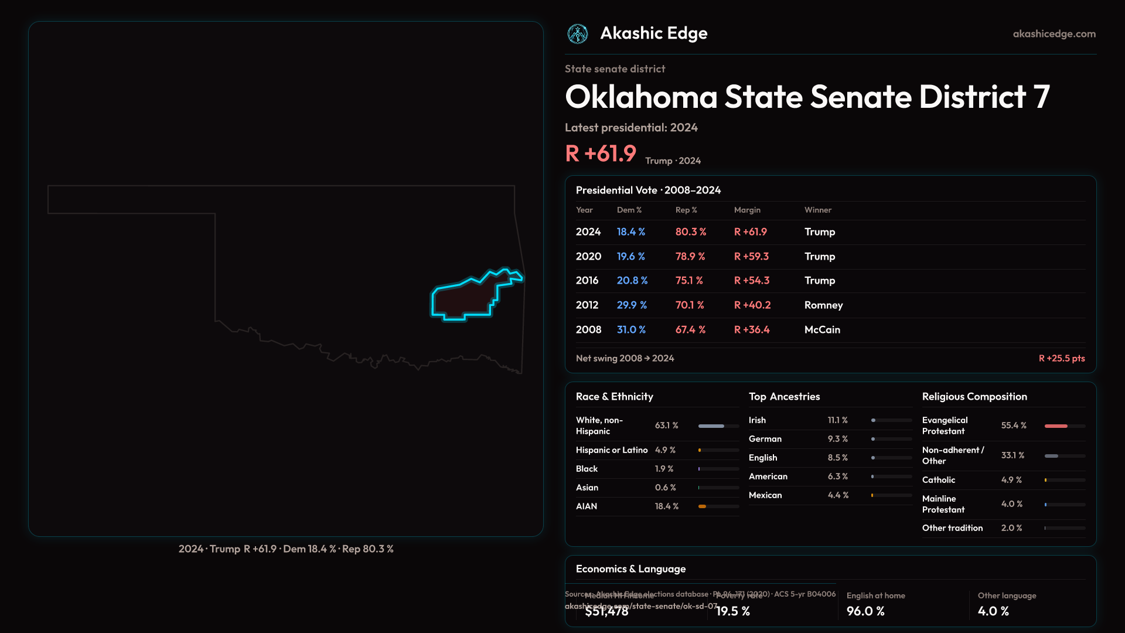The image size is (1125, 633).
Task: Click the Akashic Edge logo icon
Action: pyautogui.click(x=578, y=34)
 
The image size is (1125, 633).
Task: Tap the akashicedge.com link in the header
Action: pyautogui.click(x=1054, y=34)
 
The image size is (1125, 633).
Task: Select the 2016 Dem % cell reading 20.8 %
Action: pyautogui.click(x=632, y=281)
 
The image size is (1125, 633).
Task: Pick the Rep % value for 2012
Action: pyautogui.click(x=690, y=305)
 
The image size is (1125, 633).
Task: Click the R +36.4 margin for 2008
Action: pyautogui.click(x=752, y=330)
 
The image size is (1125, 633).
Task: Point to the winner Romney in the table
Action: pyautogui.click(x=823, y=305)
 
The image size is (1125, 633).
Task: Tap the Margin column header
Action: pyautogui.click(x=747, y=210)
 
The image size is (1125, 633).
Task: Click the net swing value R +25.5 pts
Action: pyautogui.click(x=1062, y=358)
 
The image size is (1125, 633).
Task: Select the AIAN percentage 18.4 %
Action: pyautogui.click(x=666, y=506)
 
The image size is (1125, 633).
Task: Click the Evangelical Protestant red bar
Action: pyautogui.click(x=1056, y=426)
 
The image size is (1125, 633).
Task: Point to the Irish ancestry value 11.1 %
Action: pyautogui.click(x=837, y=420)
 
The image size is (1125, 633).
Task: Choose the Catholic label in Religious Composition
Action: pyautogui.click(x=938, y=480)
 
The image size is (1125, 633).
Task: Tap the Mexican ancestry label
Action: pyautogui.click(x=765, y=495)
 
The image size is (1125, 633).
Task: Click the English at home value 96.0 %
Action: pyautogui.click(x=865, y=611)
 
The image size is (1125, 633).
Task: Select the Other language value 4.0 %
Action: pyautogui.click(x=993, y=611)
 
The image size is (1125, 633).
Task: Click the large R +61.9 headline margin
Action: pyautogui.click(x=601, y=154)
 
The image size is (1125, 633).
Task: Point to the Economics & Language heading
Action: pyautogui.click(x=630, y=569)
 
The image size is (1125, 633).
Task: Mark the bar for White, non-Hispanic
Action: pyautogui.click(x=711, y=426)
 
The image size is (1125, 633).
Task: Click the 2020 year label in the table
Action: pyautogui.click(x=588, y=257)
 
